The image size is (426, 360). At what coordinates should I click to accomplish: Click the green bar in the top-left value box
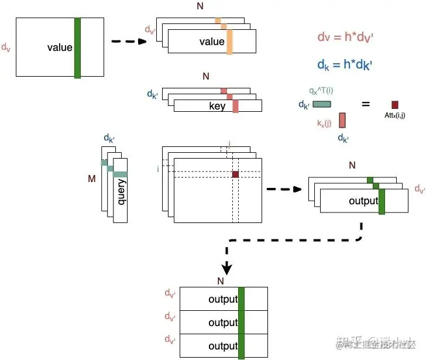[77, 47]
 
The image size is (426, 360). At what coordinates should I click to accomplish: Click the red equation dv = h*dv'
[345, 37]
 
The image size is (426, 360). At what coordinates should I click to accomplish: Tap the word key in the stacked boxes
[217, 106]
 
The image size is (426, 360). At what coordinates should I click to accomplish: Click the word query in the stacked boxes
[122, 192]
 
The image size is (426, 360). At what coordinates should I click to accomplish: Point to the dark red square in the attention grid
[236, 174]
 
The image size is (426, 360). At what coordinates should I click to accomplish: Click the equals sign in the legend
[366, 104]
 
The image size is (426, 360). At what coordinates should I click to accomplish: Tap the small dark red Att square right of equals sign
[395, 104]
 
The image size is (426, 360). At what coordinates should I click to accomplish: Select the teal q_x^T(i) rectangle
[322, 104]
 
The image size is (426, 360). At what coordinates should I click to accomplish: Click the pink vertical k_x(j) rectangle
[342, 120]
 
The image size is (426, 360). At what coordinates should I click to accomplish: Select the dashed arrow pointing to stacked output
[284, 189]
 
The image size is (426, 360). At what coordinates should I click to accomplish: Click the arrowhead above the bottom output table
[228, 269]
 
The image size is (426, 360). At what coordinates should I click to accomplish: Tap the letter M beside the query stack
[91, 179]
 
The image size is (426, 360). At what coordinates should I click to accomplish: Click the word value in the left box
[60, 47]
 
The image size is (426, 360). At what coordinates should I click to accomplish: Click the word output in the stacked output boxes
[364, 201]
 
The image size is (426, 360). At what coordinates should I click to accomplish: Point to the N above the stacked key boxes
[205, 76]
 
